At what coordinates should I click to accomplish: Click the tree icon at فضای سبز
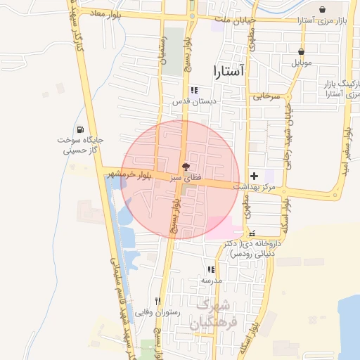tap(186, 167)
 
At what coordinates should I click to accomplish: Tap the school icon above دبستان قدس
tap(194, 91)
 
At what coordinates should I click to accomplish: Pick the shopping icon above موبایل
tap(301, 51)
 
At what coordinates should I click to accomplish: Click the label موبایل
tap(302, 63)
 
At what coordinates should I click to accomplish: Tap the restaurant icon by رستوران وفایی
tap(157, 301)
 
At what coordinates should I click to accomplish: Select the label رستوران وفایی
tap(159, 312)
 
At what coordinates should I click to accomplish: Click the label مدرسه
tap(211, 280)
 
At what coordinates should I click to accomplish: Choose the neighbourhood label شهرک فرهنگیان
tap(216, 314)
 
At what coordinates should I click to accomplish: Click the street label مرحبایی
tap(267, 95)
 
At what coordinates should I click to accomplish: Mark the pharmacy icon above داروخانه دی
tap(252, 233)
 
